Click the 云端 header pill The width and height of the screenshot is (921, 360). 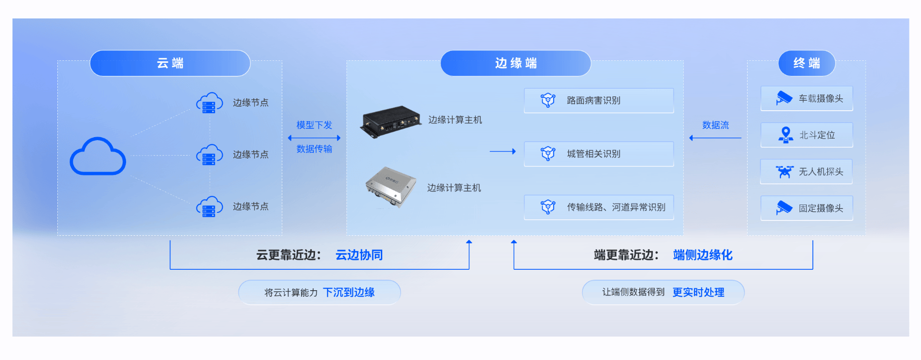tap(170, 63)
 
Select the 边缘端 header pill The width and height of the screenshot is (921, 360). tap(515, 63)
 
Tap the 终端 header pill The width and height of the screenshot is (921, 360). tap(806, 63)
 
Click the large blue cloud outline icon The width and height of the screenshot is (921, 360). tap(98, 157)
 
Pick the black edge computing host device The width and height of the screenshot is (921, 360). tap(390, 121)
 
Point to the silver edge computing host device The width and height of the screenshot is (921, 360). tap(391, 186)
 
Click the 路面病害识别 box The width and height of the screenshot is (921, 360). tap(599, 101)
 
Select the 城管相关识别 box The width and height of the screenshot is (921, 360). tap(599, 154)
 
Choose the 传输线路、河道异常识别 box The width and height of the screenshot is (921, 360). tap(599, 207)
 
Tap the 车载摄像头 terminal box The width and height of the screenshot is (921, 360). tap(806, 99)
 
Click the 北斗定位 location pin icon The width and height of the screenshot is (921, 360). tap(785, 135)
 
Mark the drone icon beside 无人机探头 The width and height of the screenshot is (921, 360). tap(784, 172)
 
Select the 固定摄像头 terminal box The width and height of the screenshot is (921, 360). tap(806, 208)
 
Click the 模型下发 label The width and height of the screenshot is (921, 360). tap(314, 125)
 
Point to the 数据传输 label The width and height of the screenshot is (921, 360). tap(314, 149)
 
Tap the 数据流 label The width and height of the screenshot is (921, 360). tap(715, 125)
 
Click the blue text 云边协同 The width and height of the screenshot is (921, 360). tap(359, 255)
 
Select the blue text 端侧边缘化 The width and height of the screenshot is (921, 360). tap(703, 255)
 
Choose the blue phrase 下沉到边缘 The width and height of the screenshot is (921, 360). tap(349, 293)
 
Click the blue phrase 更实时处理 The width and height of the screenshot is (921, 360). tap(698, 293)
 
